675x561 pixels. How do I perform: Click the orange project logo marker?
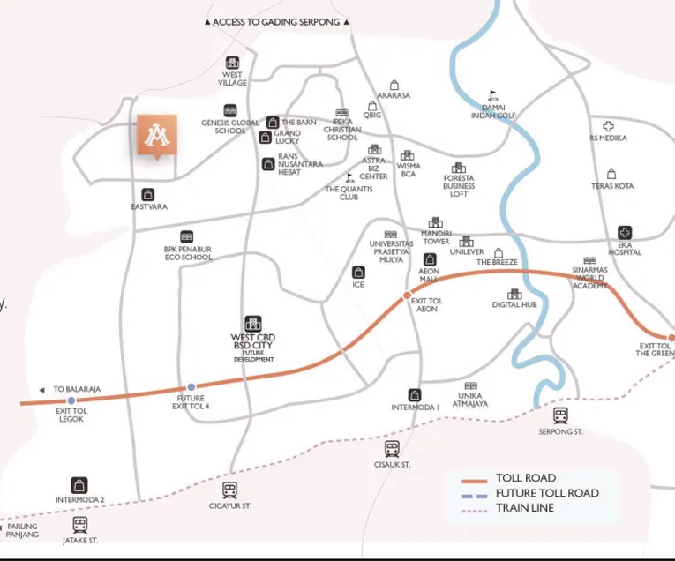(x=157, y=135)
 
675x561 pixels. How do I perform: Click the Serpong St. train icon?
(x=560, y=415)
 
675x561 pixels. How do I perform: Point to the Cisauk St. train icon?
(x=393, y=449)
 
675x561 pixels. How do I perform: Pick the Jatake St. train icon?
(x=80, y=525)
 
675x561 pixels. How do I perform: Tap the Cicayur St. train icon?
(x=230, y=490)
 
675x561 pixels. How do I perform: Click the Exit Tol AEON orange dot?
(x=407, y=295)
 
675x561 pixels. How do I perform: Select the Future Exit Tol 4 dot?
(x=191, y=386)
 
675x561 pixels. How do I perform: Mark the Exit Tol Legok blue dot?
(x=71, y=401)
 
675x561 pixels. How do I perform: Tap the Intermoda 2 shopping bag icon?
(x=80, y=485)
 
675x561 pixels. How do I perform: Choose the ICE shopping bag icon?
(x=358, y=273)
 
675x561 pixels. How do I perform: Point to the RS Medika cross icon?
(x=608, y=127)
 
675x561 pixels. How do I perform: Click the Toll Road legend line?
(x=476, y=480)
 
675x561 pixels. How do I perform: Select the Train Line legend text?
(x=527, y=508)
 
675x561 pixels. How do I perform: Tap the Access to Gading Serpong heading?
(x=276, y=22)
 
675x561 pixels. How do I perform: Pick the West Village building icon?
(x=233, y=63)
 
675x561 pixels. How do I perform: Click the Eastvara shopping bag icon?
(x=148, y=194)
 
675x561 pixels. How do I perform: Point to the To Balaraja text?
(x=77, y=389)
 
